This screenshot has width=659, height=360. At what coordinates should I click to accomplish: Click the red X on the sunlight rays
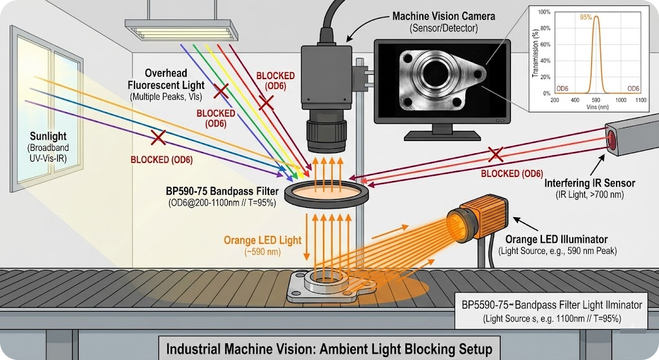click(156, 137)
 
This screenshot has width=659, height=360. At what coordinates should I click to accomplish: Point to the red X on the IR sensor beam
click(495, 153)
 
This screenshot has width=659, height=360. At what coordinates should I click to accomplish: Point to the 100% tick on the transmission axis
click(544, 13)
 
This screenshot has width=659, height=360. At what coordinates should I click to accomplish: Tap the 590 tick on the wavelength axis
click(597, 101)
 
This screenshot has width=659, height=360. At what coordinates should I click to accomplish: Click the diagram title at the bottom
click(329, 350)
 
